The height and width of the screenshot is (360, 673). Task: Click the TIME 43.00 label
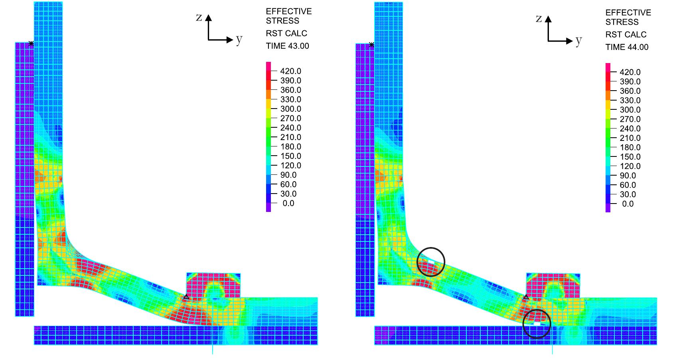287,46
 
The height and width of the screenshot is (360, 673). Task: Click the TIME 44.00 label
627,47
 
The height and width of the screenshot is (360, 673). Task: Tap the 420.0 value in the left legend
290,71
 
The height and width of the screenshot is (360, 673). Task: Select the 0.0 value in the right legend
628,204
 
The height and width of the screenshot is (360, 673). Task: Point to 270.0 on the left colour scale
290,119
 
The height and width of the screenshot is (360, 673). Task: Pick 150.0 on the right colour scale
630,157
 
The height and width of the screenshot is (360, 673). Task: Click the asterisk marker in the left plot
31,44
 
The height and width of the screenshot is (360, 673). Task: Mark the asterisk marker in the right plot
372,45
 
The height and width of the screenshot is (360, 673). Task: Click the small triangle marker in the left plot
186,297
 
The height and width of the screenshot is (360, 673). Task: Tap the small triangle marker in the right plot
526,297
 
